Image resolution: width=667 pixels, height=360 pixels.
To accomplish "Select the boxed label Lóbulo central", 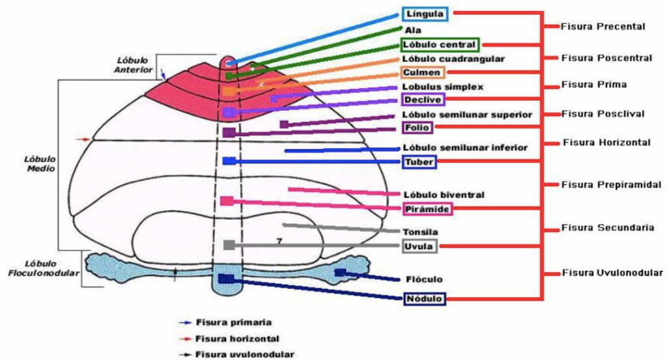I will coord(440,45).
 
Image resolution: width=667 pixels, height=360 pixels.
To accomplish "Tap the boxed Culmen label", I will coord(423,72).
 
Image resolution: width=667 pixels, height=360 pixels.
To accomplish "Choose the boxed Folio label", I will coord(418,127).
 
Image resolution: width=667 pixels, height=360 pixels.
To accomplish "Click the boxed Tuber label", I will coord(419,162).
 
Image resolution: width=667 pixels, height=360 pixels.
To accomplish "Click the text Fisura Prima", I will coord(593,85).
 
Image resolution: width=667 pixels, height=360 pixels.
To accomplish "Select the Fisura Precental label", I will coord(603,27).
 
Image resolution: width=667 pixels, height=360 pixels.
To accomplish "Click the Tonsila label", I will coord(421,232).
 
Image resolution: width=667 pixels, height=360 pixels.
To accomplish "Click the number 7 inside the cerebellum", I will coord(279,241).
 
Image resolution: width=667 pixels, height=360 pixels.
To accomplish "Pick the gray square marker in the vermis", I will coord(229,245).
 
